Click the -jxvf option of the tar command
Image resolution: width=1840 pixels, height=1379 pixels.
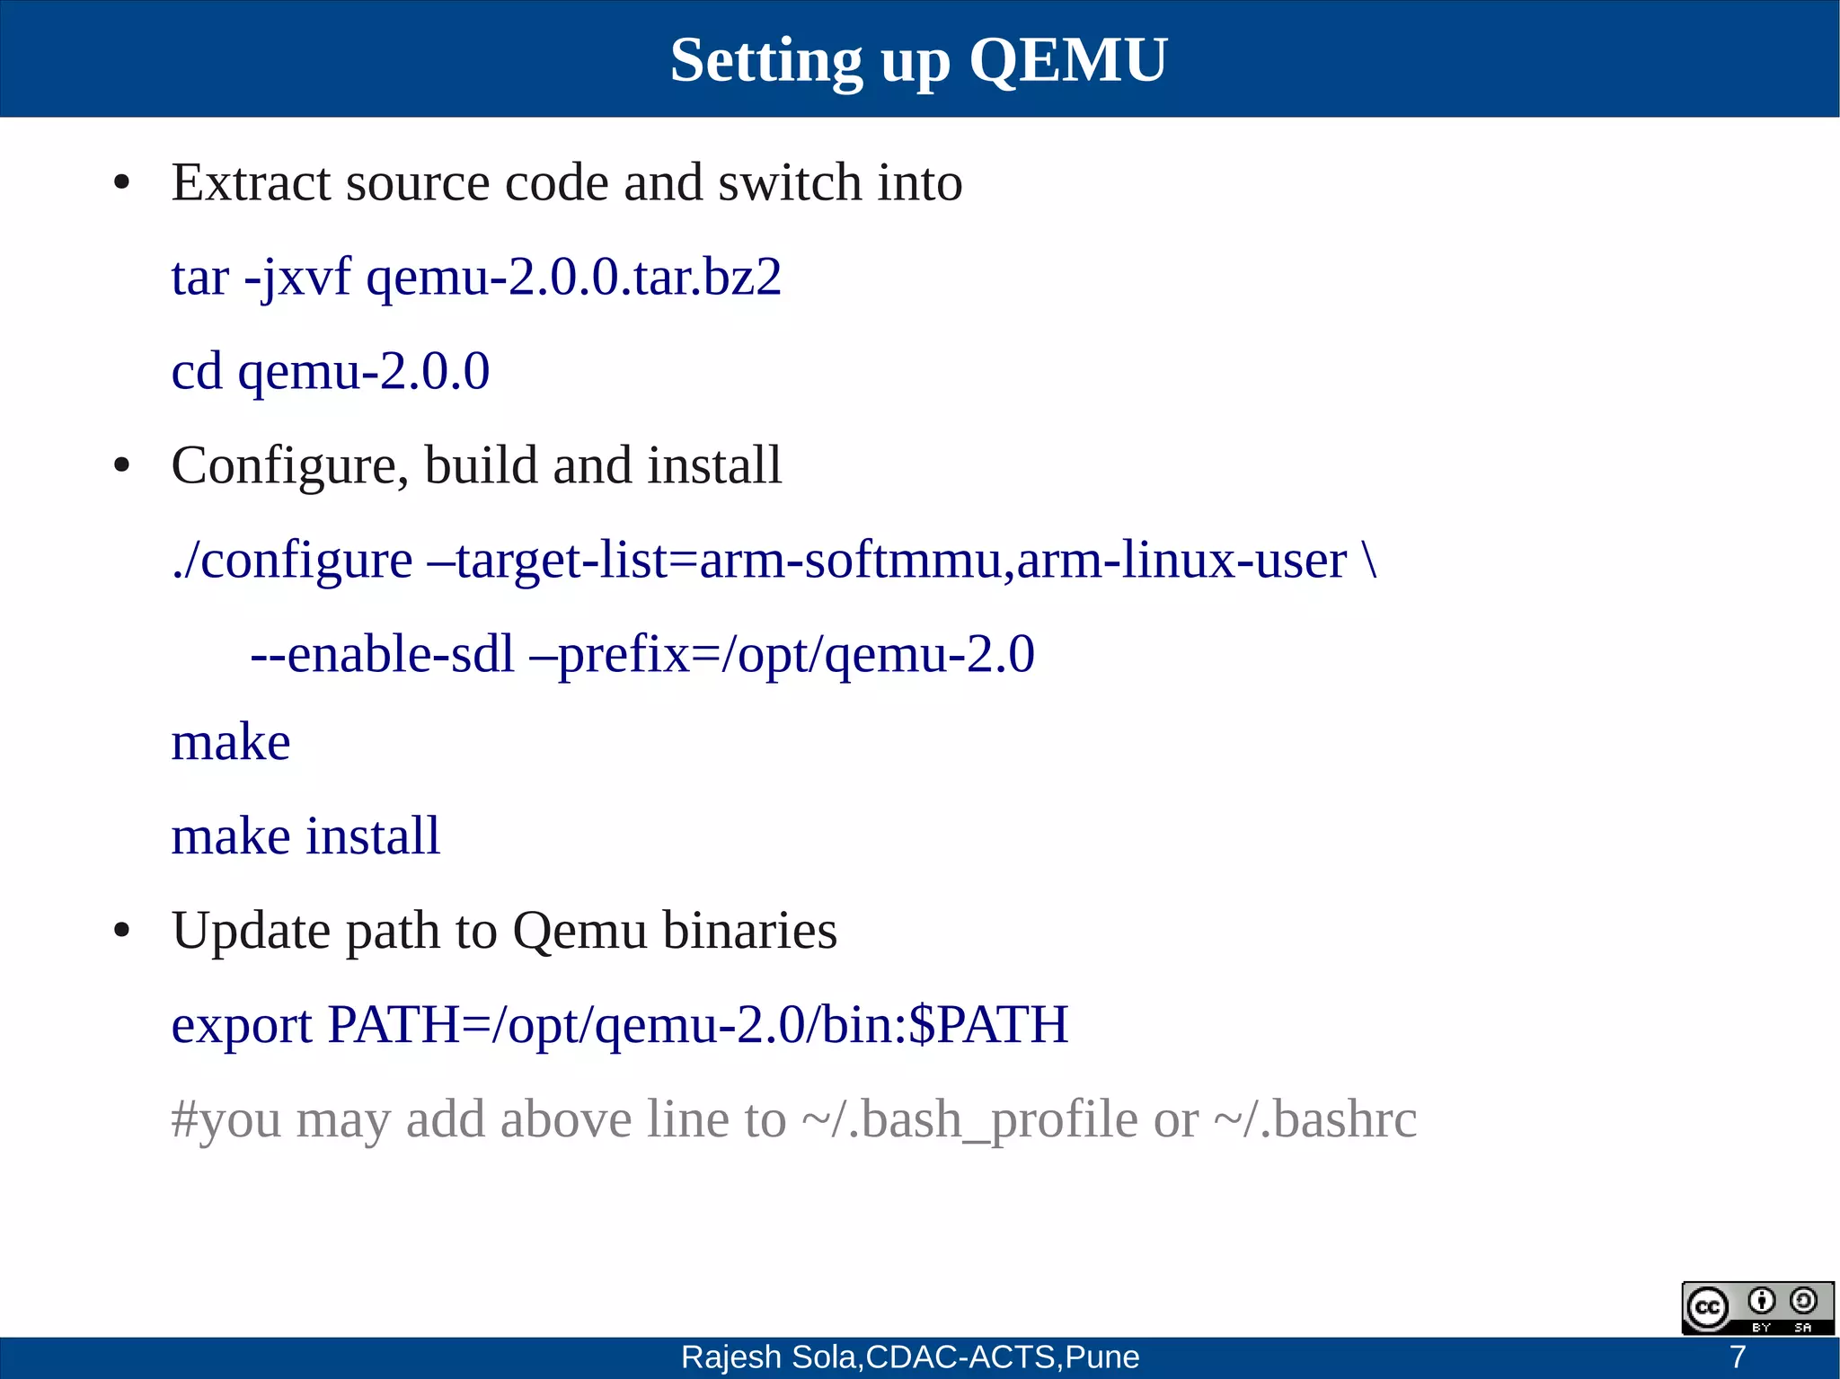click(x=297, y=277)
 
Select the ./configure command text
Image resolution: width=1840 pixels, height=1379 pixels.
click(x=292, y=561)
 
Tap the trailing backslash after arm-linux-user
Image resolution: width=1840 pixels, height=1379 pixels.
click(x=1369, y=561)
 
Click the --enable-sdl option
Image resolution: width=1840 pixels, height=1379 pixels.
click(x=383, y=654)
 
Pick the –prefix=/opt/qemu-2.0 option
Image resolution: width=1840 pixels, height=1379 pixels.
click(x=783, y=654)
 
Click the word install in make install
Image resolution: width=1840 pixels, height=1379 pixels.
click(x=373, y=835)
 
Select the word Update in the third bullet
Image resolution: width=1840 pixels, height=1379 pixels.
click(x=251, y=930)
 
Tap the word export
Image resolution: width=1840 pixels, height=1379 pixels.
click(x=241, y=1025)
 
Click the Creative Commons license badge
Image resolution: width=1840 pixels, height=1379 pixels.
click(x=1756, y=1308)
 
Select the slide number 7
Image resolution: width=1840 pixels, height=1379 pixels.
click(x=1738, y=1357)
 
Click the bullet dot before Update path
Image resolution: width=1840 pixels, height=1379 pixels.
click(x=122, y=931)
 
